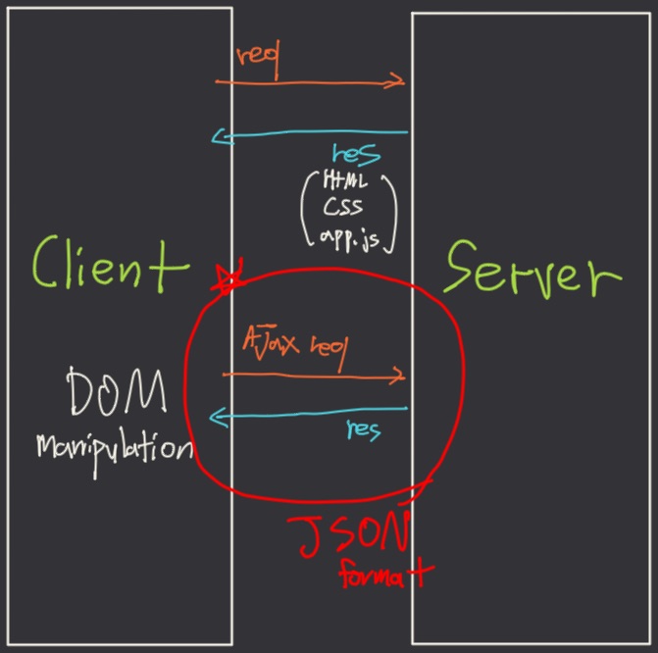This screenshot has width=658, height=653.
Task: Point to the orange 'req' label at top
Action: pyautogui.click(x=258, y=62)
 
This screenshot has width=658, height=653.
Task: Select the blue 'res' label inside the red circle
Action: pyautogui.click(x=364, y=428)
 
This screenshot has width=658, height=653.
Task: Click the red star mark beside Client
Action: pyautogui.click(x=229, y=277)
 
